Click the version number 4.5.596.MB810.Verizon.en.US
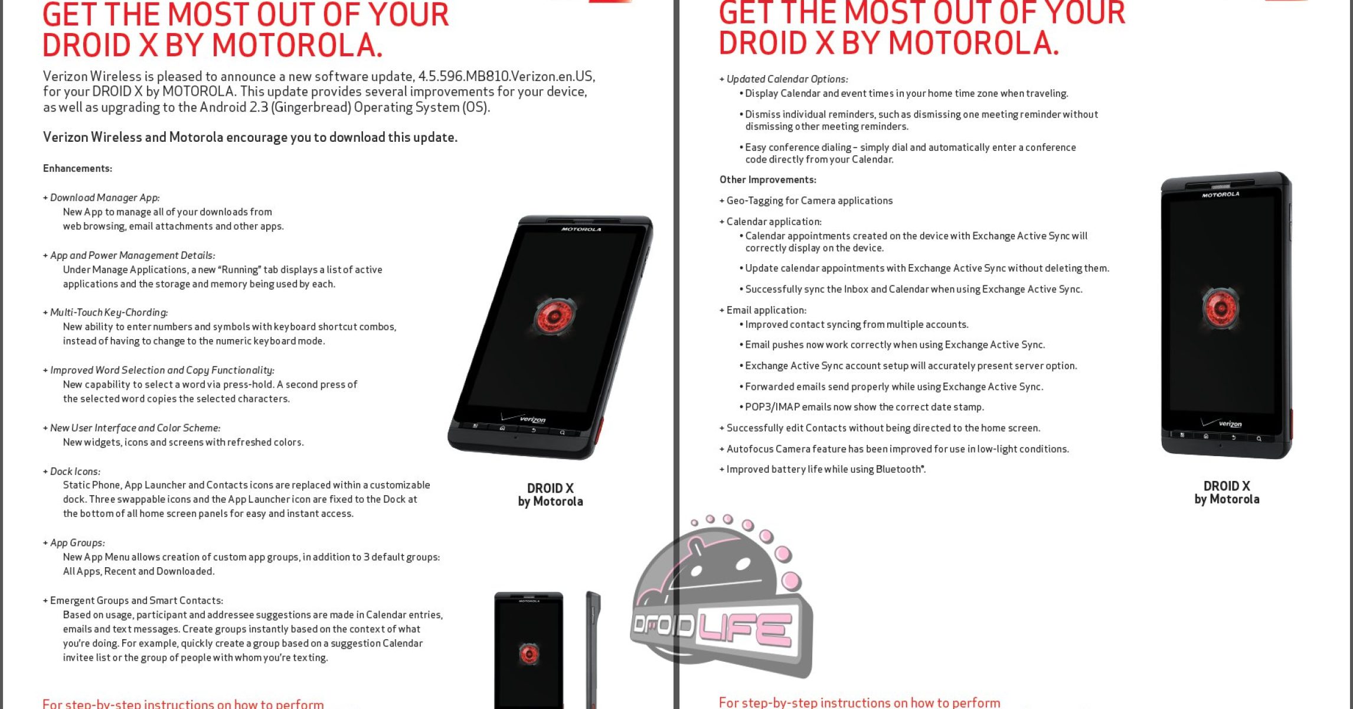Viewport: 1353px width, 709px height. tap(506, 76)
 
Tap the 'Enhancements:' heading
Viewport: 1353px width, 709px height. tap(77, 168)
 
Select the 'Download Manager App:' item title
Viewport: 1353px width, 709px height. tap(104, 197)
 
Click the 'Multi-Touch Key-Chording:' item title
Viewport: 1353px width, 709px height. tap(109, 313)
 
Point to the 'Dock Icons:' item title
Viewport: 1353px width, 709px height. tap(75, 471)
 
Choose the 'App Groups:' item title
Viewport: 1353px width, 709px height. tap(77, 543)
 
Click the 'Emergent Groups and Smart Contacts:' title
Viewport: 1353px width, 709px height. tap(136, 600)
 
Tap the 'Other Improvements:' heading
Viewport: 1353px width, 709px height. tap(767, 180)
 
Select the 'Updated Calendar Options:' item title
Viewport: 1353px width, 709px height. tap(787, 79)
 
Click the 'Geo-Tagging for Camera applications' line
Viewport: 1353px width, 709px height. tap(809, 201)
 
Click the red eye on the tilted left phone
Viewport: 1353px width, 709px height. tap(554, 316)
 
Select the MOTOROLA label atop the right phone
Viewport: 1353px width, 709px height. tap(1221, 194)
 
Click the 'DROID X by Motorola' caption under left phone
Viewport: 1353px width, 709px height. tap(550, 495)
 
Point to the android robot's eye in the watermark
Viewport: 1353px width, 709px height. tap(695, 571)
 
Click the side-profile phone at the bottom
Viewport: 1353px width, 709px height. tap(593, 650)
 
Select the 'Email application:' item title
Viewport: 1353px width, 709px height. tap(766, 310)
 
